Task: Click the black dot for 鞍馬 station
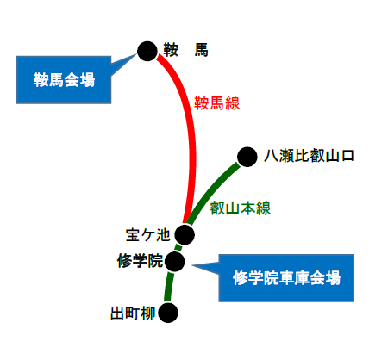coord(147,52)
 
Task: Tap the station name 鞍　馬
coord(185,50)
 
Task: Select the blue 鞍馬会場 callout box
coord(64,80)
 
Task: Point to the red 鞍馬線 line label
coord(216,103)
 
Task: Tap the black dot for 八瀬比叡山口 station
coord(247,157)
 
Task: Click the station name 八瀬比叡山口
coord(309,156)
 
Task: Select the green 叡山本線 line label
coord(241,208)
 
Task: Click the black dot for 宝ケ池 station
coord(185,234)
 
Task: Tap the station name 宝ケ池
coord(148,235)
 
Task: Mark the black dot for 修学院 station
coord(174,262)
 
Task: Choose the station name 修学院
coord(140,261)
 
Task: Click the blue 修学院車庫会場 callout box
coord(286,278)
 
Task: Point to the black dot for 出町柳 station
coord(168,313)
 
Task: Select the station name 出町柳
coord(133,313)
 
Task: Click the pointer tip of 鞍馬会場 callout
coord(137,53)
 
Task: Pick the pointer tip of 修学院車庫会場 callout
coord(191,265)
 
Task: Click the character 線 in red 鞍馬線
coord(232,103)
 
